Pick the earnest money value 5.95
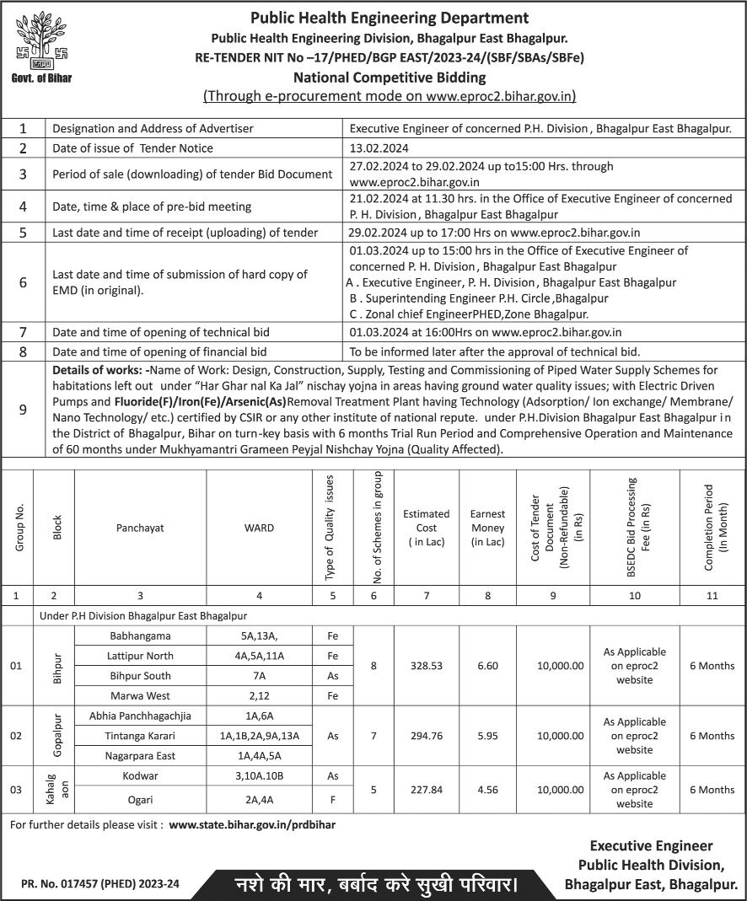pos(487,736)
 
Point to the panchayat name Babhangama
pos(140,635)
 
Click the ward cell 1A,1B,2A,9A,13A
pos(259,736)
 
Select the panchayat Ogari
pos(140,796)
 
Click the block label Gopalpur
pos(57,735)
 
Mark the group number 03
pos(16,790)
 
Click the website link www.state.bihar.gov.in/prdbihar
pos(252,825)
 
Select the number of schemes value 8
pos(373,666)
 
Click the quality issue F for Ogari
pos(332,796)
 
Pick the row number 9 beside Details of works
pos(23,409)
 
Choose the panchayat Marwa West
pos(140,696)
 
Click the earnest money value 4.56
pos(487,790)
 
